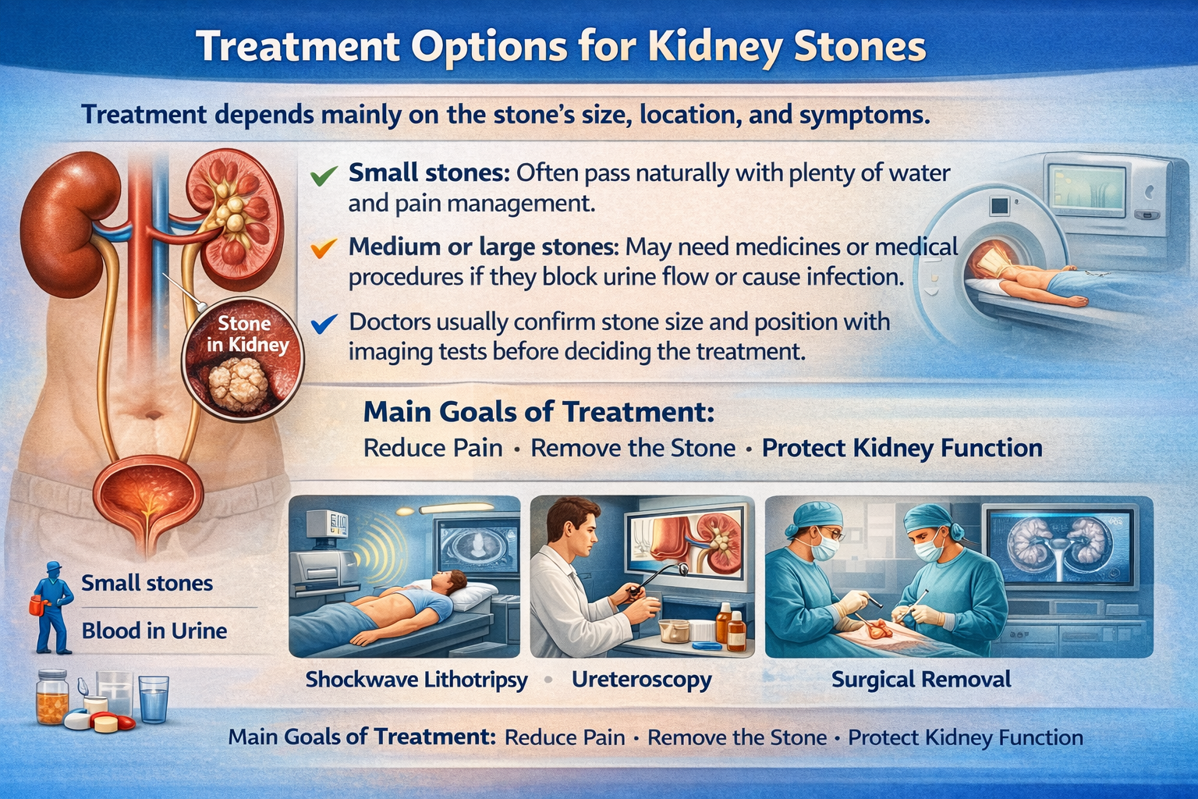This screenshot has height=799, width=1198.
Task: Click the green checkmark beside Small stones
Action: [324, 175]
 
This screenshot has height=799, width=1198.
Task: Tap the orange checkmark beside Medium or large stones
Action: [324, 248]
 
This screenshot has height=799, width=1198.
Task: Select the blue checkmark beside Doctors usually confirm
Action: [324, 323]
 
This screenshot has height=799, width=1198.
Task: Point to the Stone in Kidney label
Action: [247, 334]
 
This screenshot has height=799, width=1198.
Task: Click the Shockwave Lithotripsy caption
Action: [416, 680]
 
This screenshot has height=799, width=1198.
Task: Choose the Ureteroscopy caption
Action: [642, 680]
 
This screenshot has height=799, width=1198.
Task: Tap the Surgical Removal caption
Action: [921, 680]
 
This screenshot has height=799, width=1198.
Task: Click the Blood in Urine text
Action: [154, 631]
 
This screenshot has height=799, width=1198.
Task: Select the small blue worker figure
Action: [52, 608]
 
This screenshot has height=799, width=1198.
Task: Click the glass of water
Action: [154, 699]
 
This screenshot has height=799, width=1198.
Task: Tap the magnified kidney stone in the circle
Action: [238, 384]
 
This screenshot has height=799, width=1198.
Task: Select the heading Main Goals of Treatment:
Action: [539, 412]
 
